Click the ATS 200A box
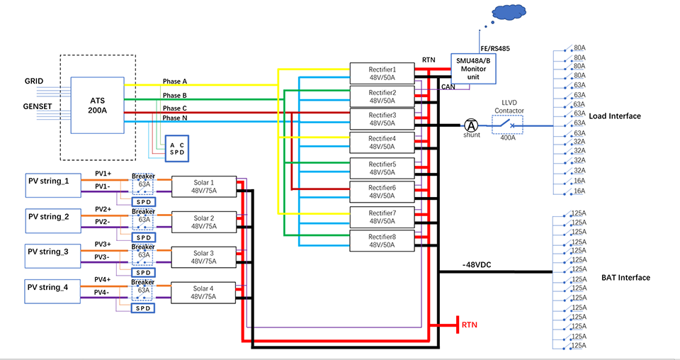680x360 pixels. (97, 106)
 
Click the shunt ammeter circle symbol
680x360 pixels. (471, 125)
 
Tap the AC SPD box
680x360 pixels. (178, 149)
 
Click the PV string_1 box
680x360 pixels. (48, 181)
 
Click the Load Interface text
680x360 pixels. (615, 116)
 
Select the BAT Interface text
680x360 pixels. (625, 278)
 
